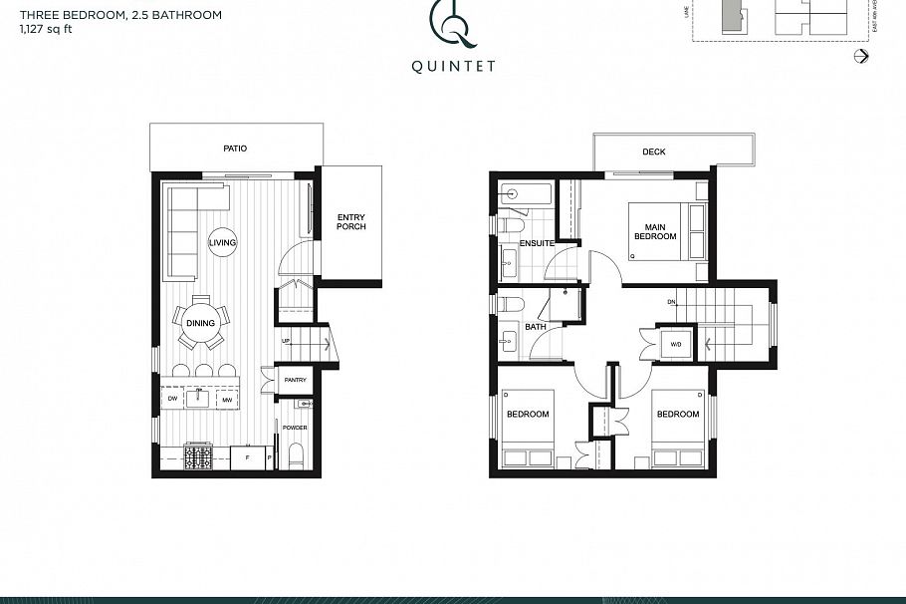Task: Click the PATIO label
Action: [x=235, y=149]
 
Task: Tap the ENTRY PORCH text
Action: [x=350, y=221]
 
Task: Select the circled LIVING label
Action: [x=222, y=242]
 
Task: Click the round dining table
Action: [x=200, y=322]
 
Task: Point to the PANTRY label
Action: [x=295, y=380]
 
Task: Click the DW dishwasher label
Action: [x=172, y=400]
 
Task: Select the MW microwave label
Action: [x=226, y=400]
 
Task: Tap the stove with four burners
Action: [x=198, y=457]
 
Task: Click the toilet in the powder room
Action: [x=295, y=456]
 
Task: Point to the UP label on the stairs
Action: [x=286, y=341]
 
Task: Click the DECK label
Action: [x=653, y=152]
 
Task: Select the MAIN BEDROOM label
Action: [x=654, y=231]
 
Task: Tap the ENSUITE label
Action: [x=537, y=243]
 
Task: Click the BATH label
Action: [x=536, y=327]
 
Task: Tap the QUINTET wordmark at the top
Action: [x=452, y=68]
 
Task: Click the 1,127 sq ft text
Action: [x=46, y=30]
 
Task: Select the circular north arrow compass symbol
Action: [x=862, y=57]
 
